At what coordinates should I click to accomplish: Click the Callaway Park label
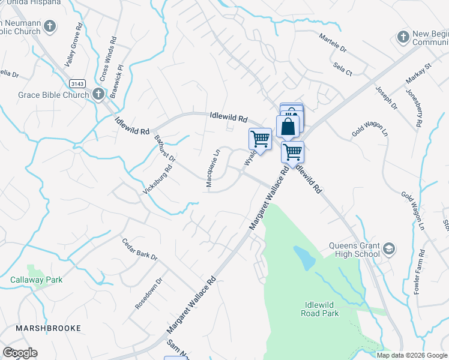coord(37,280)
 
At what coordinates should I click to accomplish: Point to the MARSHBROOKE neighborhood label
coord(49,329)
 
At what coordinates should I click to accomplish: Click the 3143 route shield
coord(77,83)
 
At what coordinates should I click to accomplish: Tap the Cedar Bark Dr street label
coord(139,248)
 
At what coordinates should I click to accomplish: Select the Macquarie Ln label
coord(209,169)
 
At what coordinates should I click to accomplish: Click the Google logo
coord(20,353)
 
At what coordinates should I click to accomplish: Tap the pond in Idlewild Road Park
coord(305,259)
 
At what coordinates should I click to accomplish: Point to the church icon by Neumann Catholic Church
coord(50,26)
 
